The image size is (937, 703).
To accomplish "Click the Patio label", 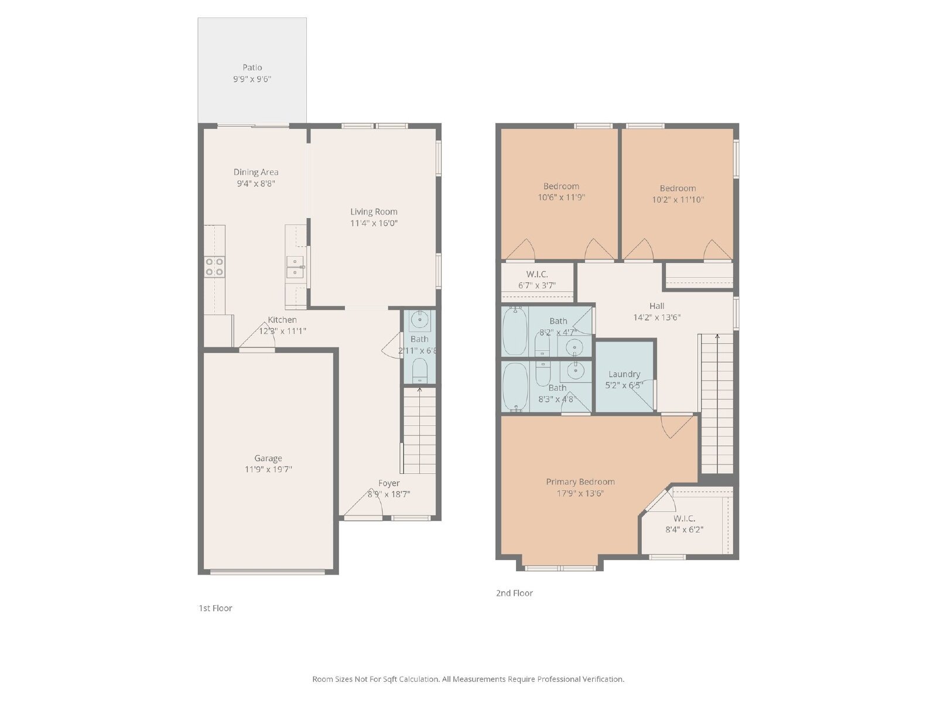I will (252, 67).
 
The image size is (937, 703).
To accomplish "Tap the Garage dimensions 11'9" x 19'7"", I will (268, 469).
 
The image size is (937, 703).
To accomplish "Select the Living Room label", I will (374, 211).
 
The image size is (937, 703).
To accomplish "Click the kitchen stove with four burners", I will (214, 267).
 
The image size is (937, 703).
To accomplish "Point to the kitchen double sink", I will (295, 267).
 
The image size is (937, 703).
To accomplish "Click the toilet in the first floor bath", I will (420, 370).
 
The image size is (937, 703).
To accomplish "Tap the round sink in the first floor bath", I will (419, 320).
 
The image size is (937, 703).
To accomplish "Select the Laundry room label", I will (624, 374).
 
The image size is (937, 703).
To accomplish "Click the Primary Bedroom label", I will (580, 482).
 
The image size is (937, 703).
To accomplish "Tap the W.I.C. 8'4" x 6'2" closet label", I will (684, 518).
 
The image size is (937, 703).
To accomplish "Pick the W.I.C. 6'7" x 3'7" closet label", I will (537, 274).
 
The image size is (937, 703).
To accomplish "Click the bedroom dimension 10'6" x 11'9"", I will (561, 197).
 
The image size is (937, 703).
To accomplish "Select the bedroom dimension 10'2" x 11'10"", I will (678, 199).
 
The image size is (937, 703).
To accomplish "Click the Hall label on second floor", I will (656, 306).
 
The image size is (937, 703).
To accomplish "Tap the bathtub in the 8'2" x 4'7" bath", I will (515, 331).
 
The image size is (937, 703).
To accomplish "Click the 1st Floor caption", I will (216, 608).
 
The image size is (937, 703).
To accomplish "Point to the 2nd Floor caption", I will (514, 593).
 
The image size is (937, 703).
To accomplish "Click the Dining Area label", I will (256, 172).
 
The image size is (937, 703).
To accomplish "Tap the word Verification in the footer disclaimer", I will (603, 679).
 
